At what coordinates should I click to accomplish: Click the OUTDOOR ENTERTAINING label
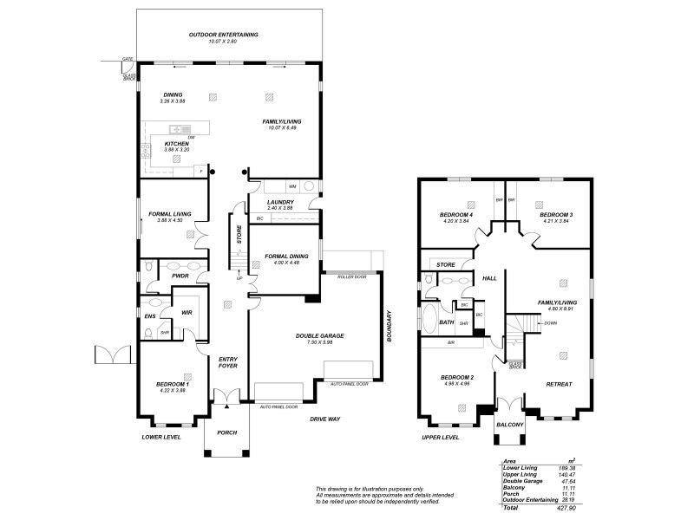point(224,35)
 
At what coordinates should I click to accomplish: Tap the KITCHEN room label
point(165,144)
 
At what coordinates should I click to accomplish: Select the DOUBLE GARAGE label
point(320,335)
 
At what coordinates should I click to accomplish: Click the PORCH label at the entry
point(226,432)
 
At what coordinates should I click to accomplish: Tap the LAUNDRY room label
point(280,201)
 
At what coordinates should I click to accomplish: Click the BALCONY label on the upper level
point(509,425)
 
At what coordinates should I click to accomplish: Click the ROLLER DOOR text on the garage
point(348,277)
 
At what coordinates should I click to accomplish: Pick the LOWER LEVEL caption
point(161,438)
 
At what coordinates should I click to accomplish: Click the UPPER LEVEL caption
point(440,438)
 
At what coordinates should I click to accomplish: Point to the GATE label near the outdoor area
point(128,59)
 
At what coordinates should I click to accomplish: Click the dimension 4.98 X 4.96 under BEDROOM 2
point(456,384)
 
